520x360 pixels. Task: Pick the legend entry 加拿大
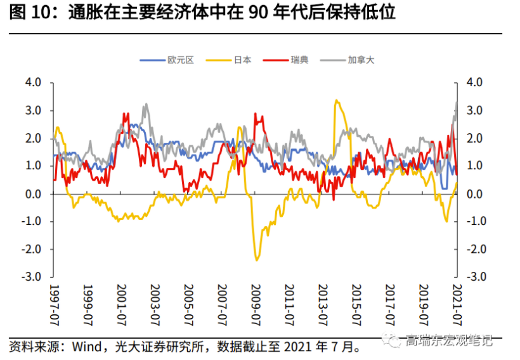coord(361,61)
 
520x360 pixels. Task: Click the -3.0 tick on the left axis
coord(32,277)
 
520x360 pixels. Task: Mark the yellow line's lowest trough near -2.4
coord(257,260)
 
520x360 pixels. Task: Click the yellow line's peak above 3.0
coord(336,100)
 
